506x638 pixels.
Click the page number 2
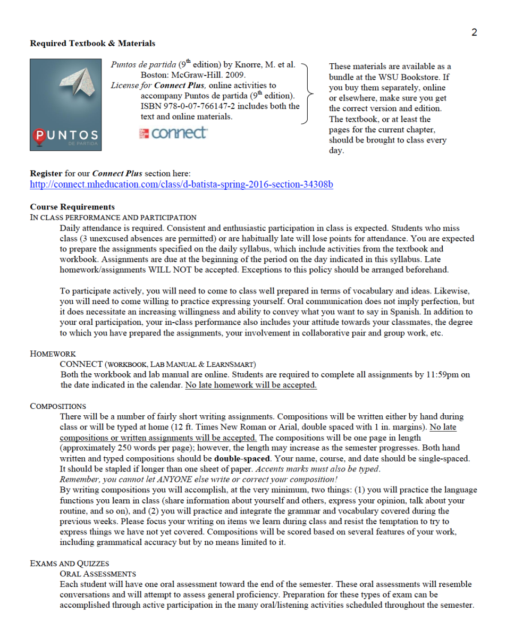click(474, 32)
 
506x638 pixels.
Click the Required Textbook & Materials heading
click(92, 43)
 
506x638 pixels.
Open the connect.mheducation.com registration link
click(181, 184)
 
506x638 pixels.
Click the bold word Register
click(46, 173)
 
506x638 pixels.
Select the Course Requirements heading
click(72, 207)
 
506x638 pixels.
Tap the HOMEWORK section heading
click(53, 354)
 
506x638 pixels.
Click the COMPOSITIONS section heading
click(58, 406)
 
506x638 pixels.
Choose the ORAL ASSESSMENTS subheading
click(98, 574)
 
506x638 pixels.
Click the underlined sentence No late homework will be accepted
click(251, 385)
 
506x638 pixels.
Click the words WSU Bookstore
click(400, 77)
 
